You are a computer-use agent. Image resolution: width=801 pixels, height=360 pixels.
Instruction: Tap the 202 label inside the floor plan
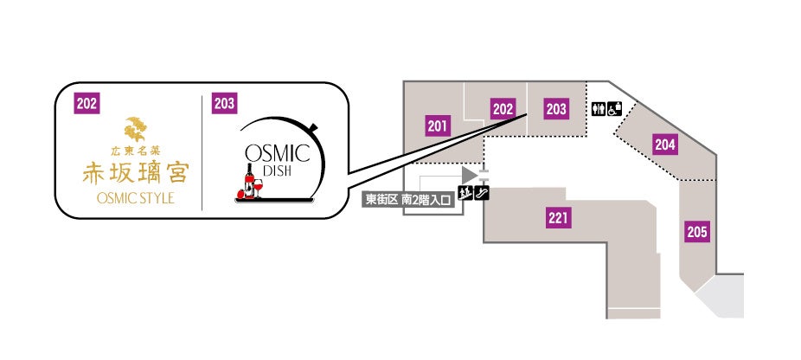pos(503,109)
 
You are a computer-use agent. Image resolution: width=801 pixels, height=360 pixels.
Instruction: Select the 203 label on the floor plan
pos(556,109)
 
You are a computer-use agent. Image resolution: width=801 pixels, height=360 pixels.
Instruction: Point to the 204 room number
pos(664,145)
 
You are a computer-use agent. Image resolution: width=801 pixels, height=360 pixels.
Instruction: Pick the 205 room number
pos(697,231)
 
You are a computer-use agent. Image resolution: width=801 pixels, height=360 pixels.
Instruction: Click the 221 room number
pos(558,216)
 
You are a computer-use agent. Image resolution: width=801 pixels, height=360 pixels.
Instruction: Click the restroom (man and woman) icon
pos(599,110)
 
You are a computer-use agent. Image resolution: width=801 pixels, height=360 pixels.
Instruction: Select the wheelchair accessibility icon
pos(613,110)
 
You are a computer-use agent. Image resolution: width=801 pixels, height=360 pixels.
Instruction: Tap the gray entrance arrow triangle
pos(470,176)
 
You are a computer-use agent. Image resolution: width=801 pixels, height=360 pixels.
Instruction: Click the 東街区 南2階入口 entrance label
pos(409,199)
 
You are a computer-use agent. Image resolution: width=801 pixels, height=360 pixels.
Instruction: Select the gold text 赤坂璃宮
pos(134,171)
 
